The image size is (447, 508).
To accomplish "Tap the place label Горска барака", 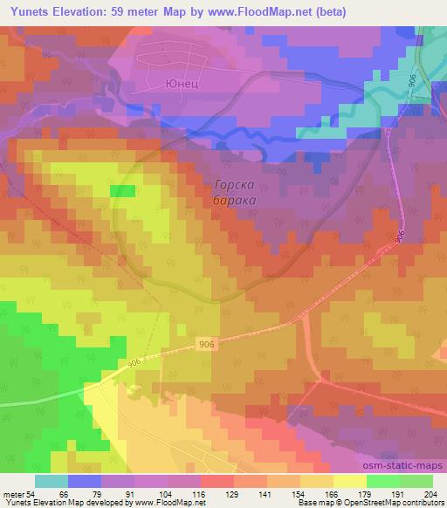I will pos(235,192).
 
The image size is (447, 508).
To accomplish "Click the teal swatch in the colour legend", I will pos(52,482).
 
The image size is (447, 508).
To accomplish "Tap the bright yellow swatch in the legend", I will pos(350,482).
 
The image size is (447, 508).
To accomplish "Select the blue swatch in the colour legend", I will pos(85,482).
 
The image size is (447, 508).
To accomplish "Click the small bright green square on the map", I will pos(122,191).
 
